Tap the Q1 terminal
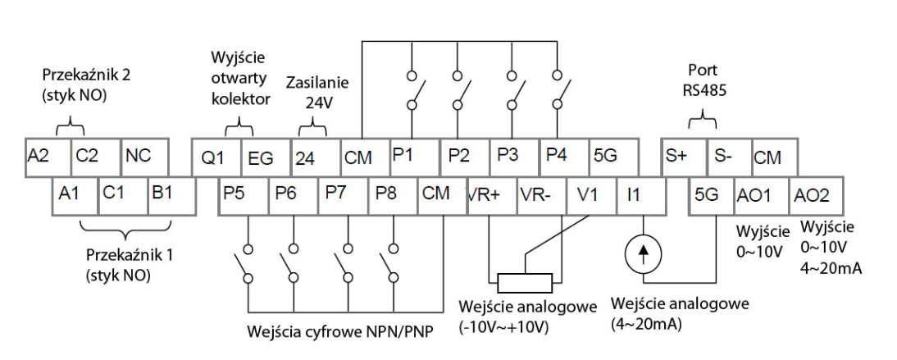[x=215, y=156]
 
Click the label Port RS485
[x=703, y=80]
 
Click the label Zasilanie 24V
[x=317, y=92]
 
